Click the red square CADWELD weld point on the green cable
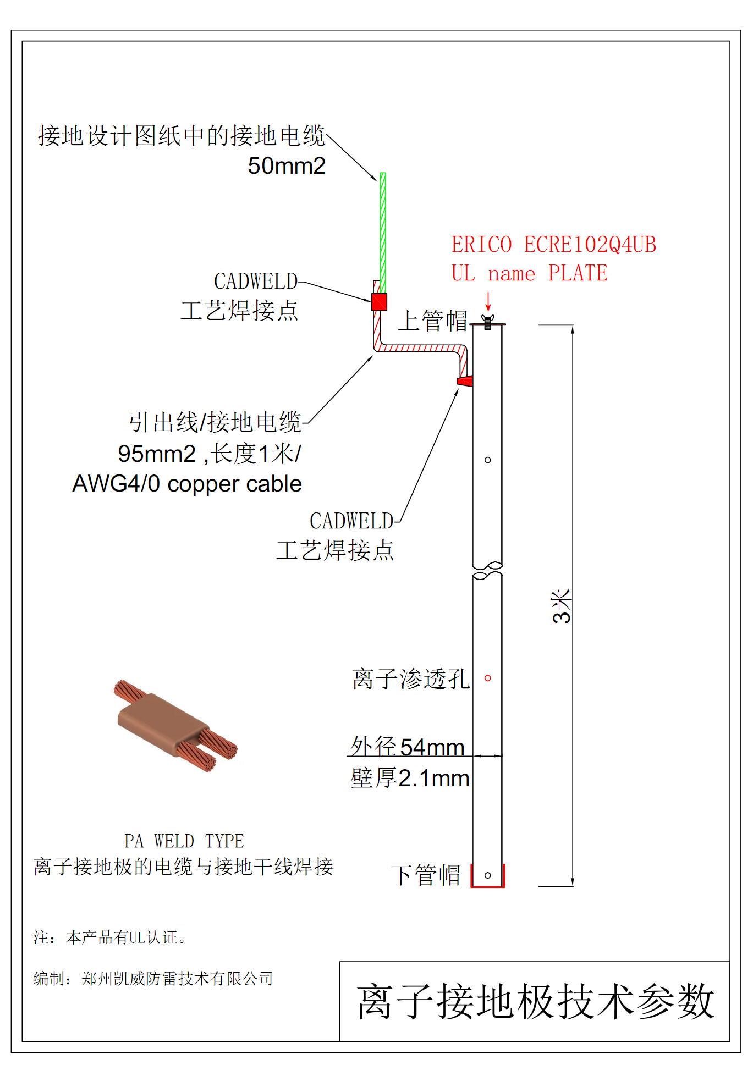379,302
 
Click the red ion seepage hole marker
487,678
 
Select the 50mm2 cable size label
286,165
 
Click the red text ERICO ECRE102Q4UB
553,245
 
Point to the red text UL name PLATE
529,273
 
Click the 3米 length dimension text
562,606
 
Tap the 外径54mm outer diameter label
408,747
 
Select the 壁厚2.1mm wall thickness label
410,778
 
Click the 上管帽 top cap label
432,321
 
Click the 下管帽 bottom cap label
426,875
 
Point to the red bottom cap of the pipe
488,885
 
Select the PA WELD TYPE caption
184,841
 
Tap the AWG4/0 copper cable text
187,484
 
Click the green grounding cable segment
383,231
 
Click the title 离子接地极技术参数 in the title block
535,1001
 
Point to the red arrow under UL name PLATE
488,301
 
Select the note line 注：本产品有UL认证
111,937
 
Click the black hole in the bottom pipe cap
487,875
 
